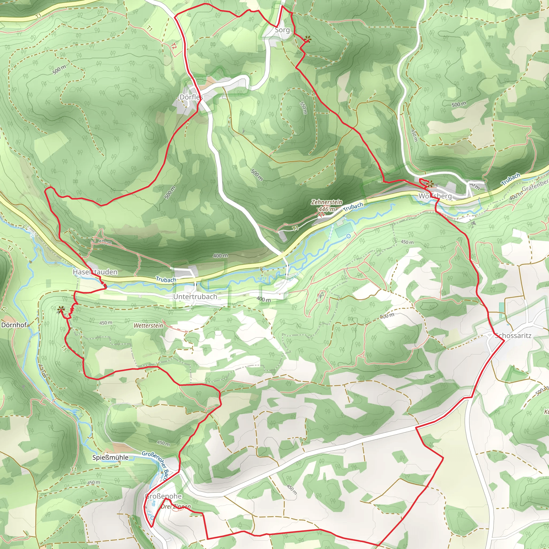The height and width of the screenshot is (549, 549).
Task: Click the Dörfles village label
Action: (x=191, y=97)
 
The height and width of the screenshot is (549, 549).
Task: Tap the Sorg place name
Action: (x=282, y=30)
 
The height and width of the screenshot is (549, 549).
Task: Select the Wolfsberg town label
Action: (x=435, y=196)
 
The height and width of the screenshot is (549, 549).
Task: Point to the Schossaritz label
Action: (x=513, y=335)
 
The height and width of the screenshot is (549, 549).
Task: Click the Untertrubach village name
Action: (x=195, y=297)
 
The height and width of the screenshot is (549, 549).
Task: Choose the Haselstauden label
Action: (x=95, y=272)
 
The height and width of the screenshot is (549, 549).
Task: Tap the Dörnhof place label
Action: (x=14, y=325)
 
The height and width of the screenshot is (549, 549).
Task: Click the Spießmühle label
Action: (x=110, y=458)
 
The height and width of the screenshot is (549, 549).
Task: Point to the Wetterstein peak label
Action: (x=148, y=325)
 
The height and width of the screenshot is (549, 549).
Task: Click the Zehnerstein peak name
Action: (x=327, y=202)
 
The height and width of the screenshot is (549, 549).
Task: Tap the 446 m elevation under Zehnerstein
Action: (x=327, y=209)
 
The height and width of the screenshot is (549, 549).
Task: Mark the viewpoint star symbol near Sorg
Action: (x=307, y=39)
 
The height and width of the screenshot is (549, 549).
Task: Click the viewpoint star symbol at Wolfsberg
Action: (x=430, y=184)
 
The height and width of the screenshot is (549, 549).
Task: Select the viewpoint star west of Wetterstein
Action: (x=60, y=309)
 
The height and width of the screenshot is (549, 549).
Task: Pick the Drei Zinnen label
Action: (x=176, y=506)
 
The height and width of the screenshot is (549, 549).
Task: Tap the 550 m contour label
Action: (x=303, y=108)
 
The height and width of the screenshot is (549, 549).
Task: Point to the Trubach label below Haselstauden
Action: (x=166, y=280)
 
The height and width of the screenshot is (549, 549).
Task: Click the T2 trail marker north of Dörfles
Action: (x=174, y=46)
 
